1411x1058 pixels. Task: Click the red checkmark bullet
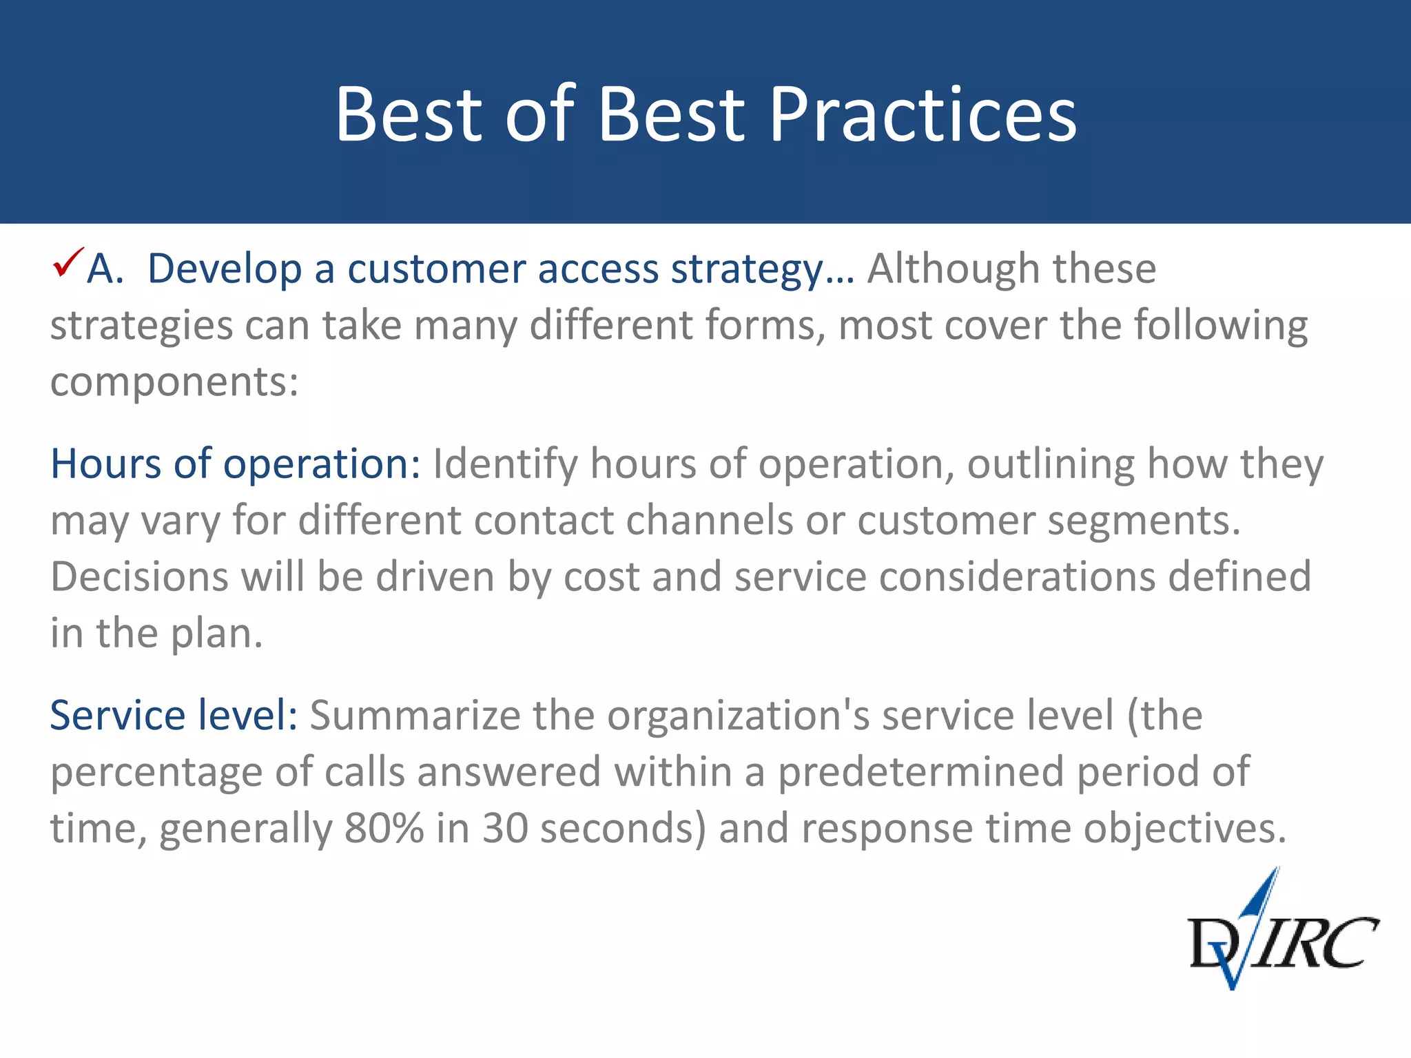(x=68, y=262)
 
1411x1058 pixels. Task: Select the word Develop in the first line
(x=224, y=269)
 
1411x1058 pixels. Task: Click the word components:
(x=174, y=383)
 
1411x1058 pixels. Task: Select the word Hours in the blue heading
(x=105, y=464)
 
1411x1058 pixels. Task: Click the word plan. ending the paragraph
(x=216, y=634)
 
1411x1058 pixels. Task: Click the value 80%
(x=384, y=828)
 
